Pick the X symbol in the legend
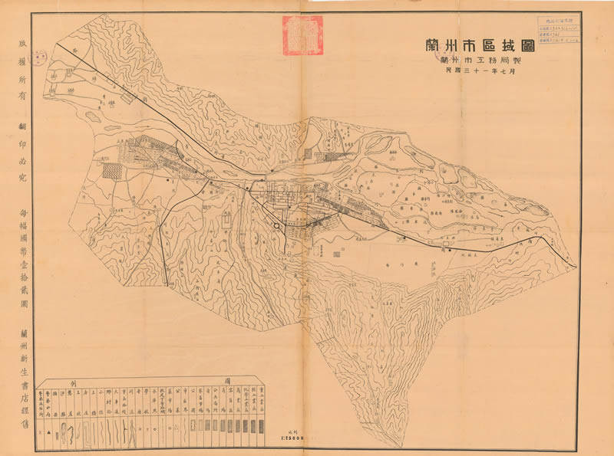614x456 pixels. pyautogui.click(x=41, y=435)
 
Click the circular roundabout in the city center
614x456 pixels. pyautogui.click(x=275, y=225)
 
